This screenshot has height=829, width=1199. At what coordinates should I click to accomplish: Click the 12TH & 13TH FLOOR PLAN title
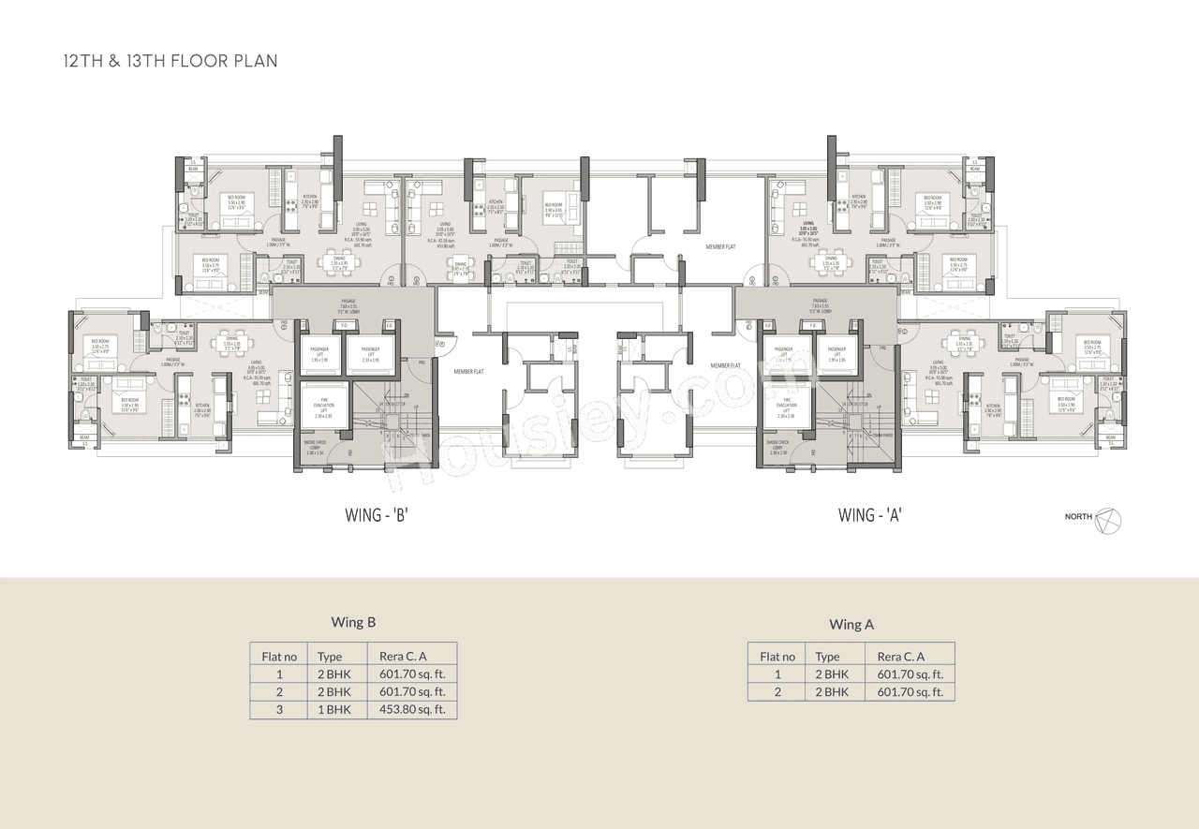[170, 61]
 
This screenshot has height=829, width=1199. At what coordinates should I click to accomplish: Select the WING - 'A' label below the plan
[869, 513]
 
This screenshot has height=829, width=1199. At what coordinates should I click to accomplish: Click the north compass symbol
[1108, 518]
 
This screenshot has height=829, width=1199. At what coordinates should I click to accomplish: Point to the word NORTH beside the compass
[1078, 517]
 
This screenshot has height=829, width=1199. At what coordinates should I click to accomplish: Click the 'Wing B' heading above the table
[353, 622]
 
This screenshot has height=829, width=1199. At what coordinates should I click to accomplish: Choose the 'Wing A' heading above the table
[851, 624]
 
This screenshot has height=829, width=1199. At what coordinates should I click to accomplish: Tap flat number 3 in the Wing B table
[279, 710]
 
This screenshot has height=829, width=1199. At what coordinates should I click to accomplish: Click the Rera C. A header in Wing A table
[901, 657]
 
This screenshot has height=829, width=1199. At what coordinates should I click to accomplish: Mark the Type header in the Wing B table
[330, 657]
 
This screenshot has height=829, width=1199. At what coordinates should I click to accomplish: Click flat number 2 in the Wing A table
[777, 692]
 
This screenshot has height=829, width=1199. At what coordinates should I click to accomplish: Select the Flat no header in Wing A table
[777, 657]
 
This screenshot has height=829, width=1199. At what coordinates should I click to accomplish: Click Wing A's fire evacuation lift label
[787, 406]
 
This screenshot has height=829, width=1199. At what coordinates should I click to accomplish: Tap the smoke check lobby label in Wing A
[778, 446]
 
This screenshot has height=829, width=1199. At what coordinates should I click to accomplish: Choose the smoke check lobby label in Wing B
[314, 446]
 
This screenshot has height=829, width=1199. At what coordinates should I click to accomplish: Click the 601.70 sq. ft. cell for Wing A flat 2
[910, 692]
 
